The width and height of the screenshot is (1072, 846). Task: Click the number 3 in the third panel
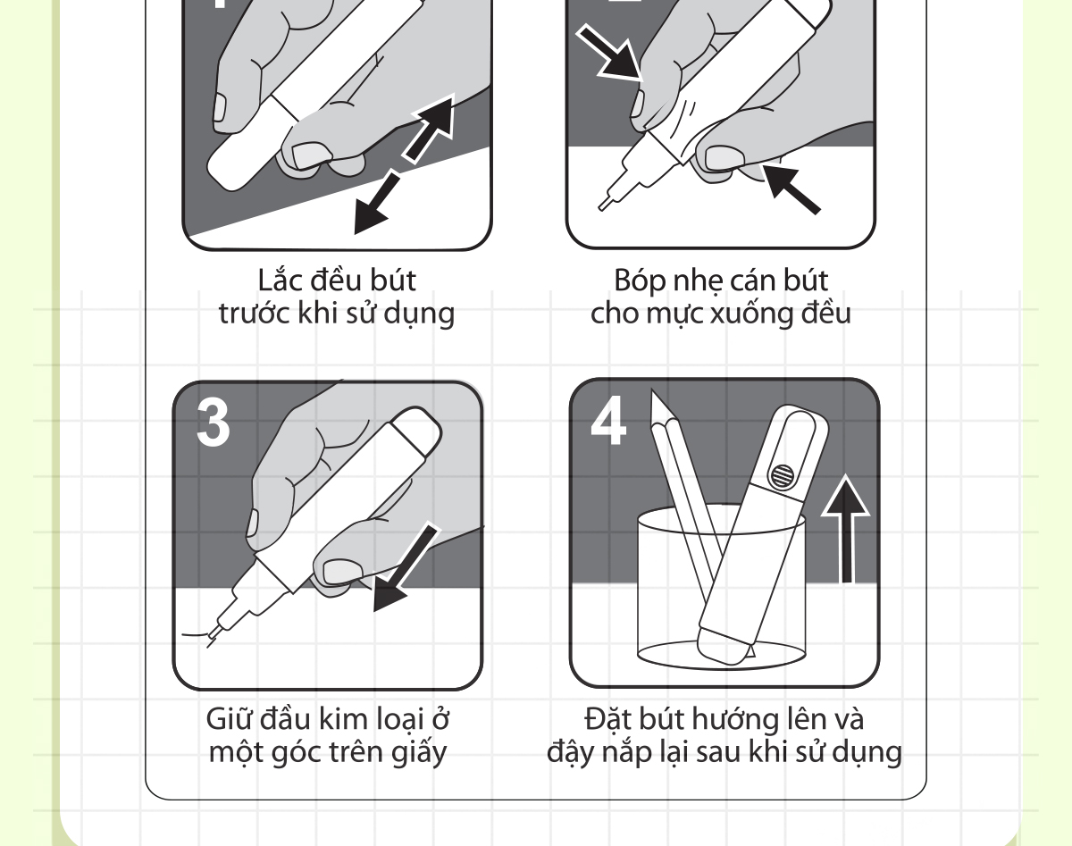click(214, 423)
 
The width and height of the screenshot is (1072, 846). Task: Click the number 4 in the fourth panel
click(608, 421)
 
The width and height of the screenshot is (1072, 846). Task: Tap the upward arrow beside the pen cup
click(846, 528)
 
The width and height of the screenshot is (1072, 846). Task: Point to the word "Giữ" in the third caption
click(230, 718)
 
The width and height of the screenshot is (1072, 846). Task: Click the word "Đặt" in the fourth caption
click(607, 718)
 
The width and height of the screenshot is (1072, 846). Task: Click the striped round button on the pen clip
click(782, 475)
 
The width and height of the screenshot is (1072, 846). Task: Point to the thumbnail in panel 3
click(342, 570)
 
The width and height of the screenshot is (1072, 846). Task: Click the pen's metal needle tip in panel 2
click(604, 204)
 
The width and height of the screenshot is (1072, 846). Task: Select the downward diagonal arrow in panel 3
click(405, 568)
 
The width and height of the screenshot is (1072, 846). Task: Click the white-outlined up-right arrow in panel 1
click(430, 129)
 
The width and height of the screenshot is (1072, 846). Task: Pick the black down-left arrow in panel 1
click(377, 204)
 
